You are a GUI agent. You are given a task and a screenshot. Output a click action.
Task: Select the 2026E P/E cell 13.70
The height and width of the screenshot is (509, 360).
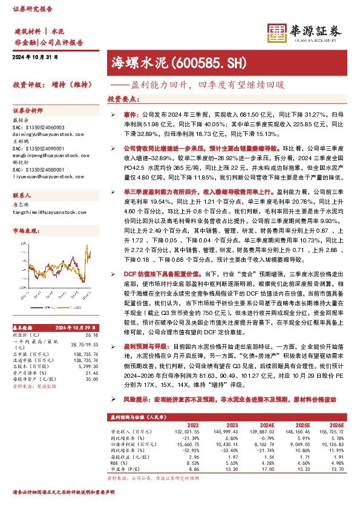pyautogui.click(x=338, y=468)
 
